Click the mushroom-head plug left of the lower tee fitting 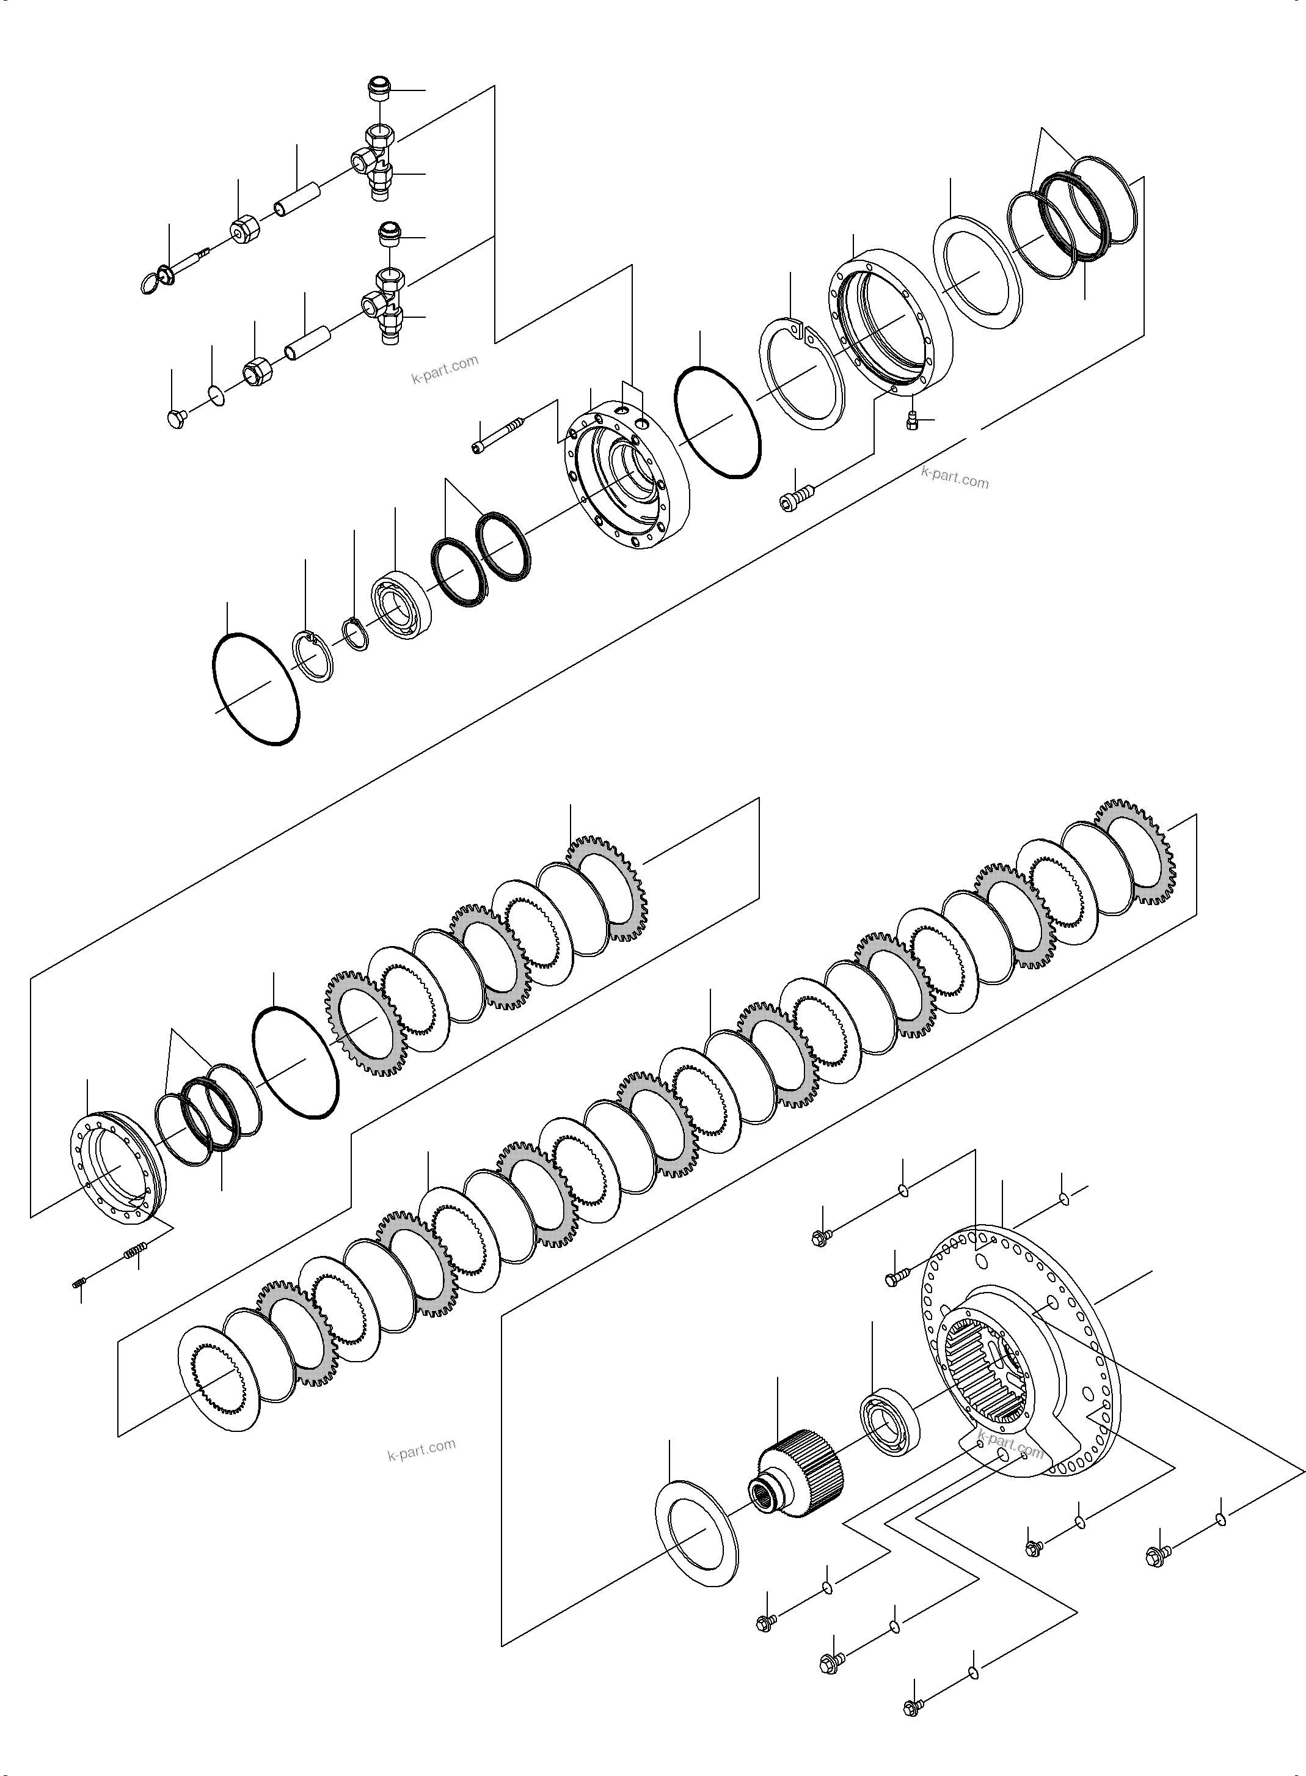[x=178, y=417]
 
